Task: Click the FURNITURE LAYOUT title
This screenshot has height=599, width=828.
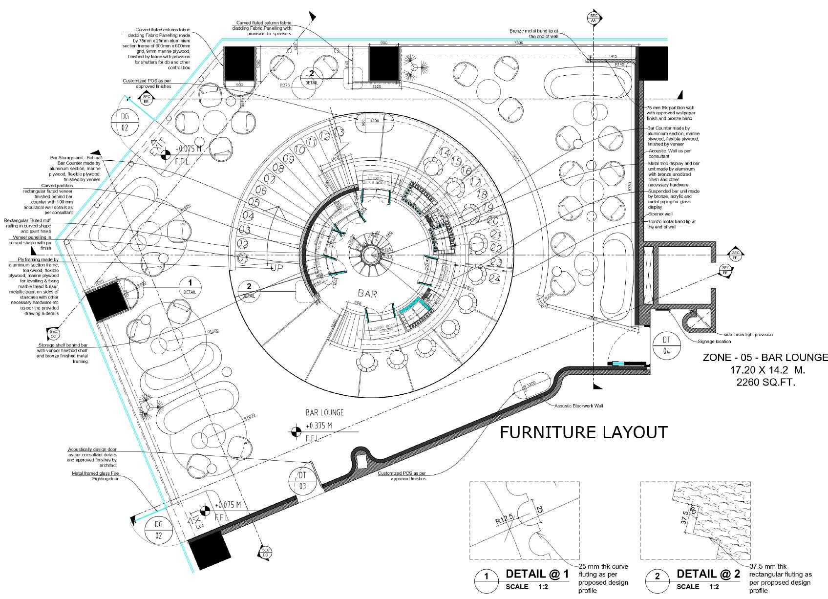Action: (583, 432)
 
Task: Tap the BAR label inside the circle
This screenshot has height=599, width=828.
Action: (367, 294)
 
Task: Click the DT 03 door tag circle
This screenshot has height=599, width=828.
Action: (302, 480)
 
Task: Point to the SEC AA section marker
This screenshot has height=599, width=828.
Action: (593, 19)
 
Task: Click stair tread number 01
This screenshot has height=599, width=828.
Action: (243, 257)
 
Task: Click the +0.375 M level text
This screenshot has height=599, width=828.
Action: (318, 426)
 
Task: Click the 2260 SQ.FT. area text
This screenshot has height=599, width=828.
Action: (765, 383)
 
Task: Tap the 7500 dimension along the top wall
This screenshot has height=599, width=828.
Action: (519, 43)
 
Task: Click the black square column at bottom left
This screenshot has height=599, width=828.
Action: (210, 552)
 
